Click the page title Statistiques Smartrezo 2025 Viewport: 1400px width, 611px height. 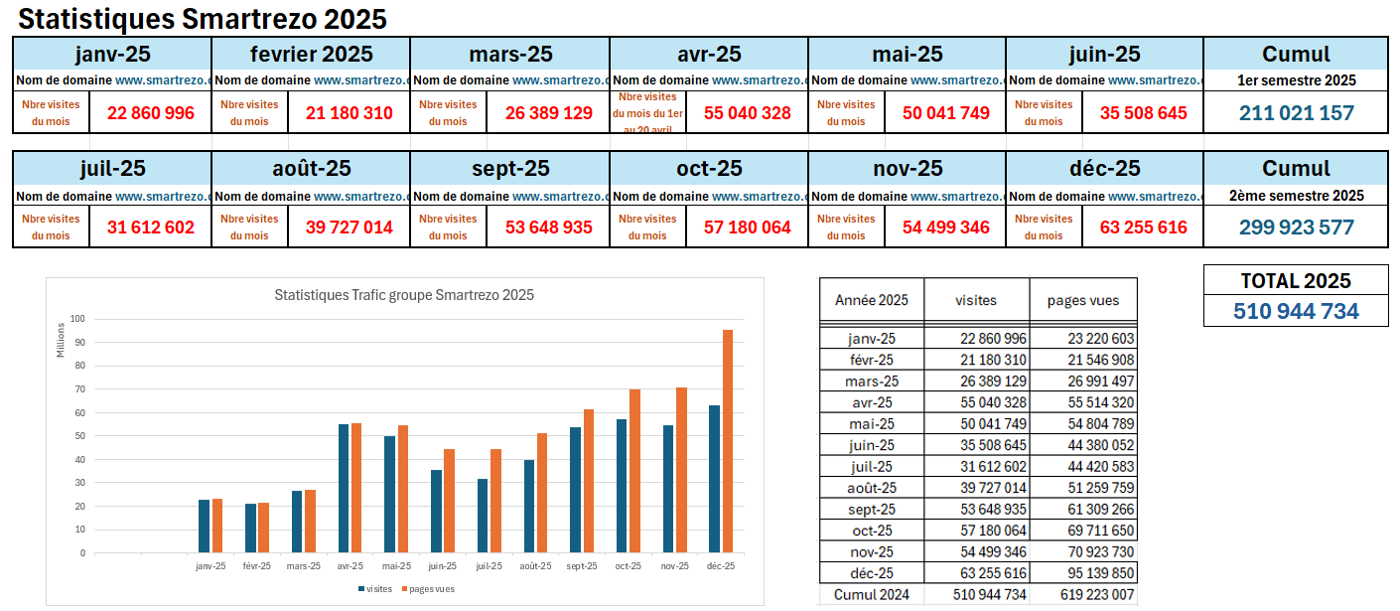pyautogui.click(x=204, y=19)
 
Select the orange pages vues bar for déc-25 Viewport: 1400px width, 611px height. pyautogui.click(x=728, y=441)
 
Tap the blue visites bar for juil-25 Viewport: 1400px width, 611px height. pyautogui.click(x=483, y=516)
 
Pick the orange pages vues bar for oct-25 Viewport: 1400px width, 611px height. pyautogui.click(x=634, y=471)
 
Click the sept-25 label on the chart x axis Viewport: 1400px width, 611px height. pyautogui.click(x=582, y=566)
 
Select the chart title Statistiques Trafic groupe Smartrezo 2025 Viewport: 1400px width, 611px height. pyautogui.click(x=404, y=295)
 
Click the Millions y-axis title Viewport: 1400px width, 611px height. pyautogui.click(x=61, y=341)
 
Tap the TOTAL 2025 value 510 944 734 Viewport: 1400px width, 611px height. pyautogui.click(x=1296, y=312)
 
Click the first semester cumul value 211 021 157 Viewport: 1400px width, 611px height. pyautogui.click(x=1296, y=113)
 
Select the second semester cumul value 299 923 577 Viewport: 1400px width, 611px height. pyautogui.click(x=1296, y=228)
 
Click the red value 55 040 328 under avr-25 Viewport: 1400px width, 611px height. pyautogui.click(x=748, y=113)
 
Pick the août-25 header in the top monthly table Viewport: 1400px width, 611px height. pyautogui.click(x=312, y=169)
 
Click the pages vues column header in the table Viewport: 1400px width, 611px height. pyautogui.click(x=1083, y=300)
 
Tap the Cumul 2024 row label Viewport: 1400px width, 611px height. pyautogui.click(x=872, y=595)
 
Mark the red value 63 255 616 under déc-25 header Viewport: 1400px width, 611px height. pyautogui.click(x=1144, y=228)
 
